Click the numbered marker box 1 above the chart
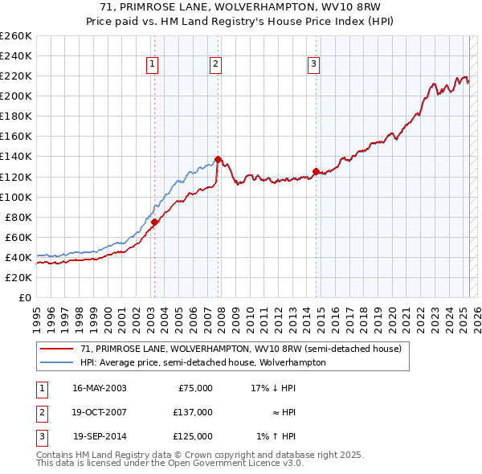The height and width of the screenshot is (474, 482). [x=153, y=65]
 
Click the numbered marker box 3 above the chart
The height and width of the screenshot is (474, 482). [x=314, y=65]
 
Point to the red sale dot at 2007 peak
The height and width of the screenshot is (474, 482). [x=218, y=159]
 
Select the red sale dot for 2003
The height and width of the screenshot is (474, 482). [x=154, y=222]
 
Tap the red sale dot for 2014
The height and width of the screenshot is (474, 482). [x=316, y=171]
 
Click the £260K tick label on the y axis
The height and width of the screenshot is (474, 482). [x=15, y=35]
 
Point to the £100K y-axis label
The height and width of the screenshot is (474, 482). [x=15, y=197]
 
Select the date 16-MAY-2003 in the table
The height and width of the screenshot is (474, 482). [x=100, y=387]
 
